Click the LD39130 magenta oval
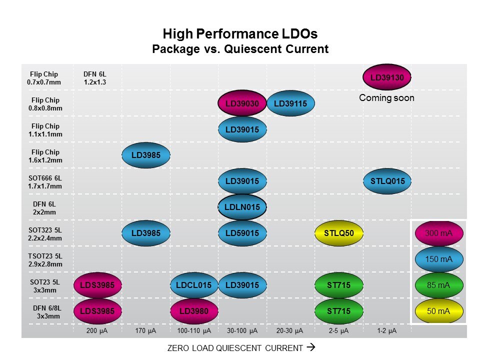click(x=387, y=77)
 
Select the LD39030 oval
click(x=242, y=103)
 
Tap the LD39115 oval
click(x=290, y=103)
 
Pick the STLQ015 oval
click(x=387, y=181)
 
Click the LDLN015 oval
click(x=242, y=207)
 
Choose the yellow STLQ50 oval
click(x=338, y=233)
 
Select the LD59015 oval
click(x=242, y=233)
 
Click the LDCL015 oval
click(x=194, y=285)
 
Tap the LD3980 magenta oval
click(x=194, y=311)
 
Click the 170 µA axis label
click(x=146, y=331)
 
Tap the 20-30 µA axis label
click(x=290, y=331)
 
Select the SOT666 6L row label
click(x=45, y=182)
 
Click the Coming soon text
click(x=386, y=98)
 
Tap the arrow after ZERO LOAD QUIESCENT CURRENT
click(x=310, y=347)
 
